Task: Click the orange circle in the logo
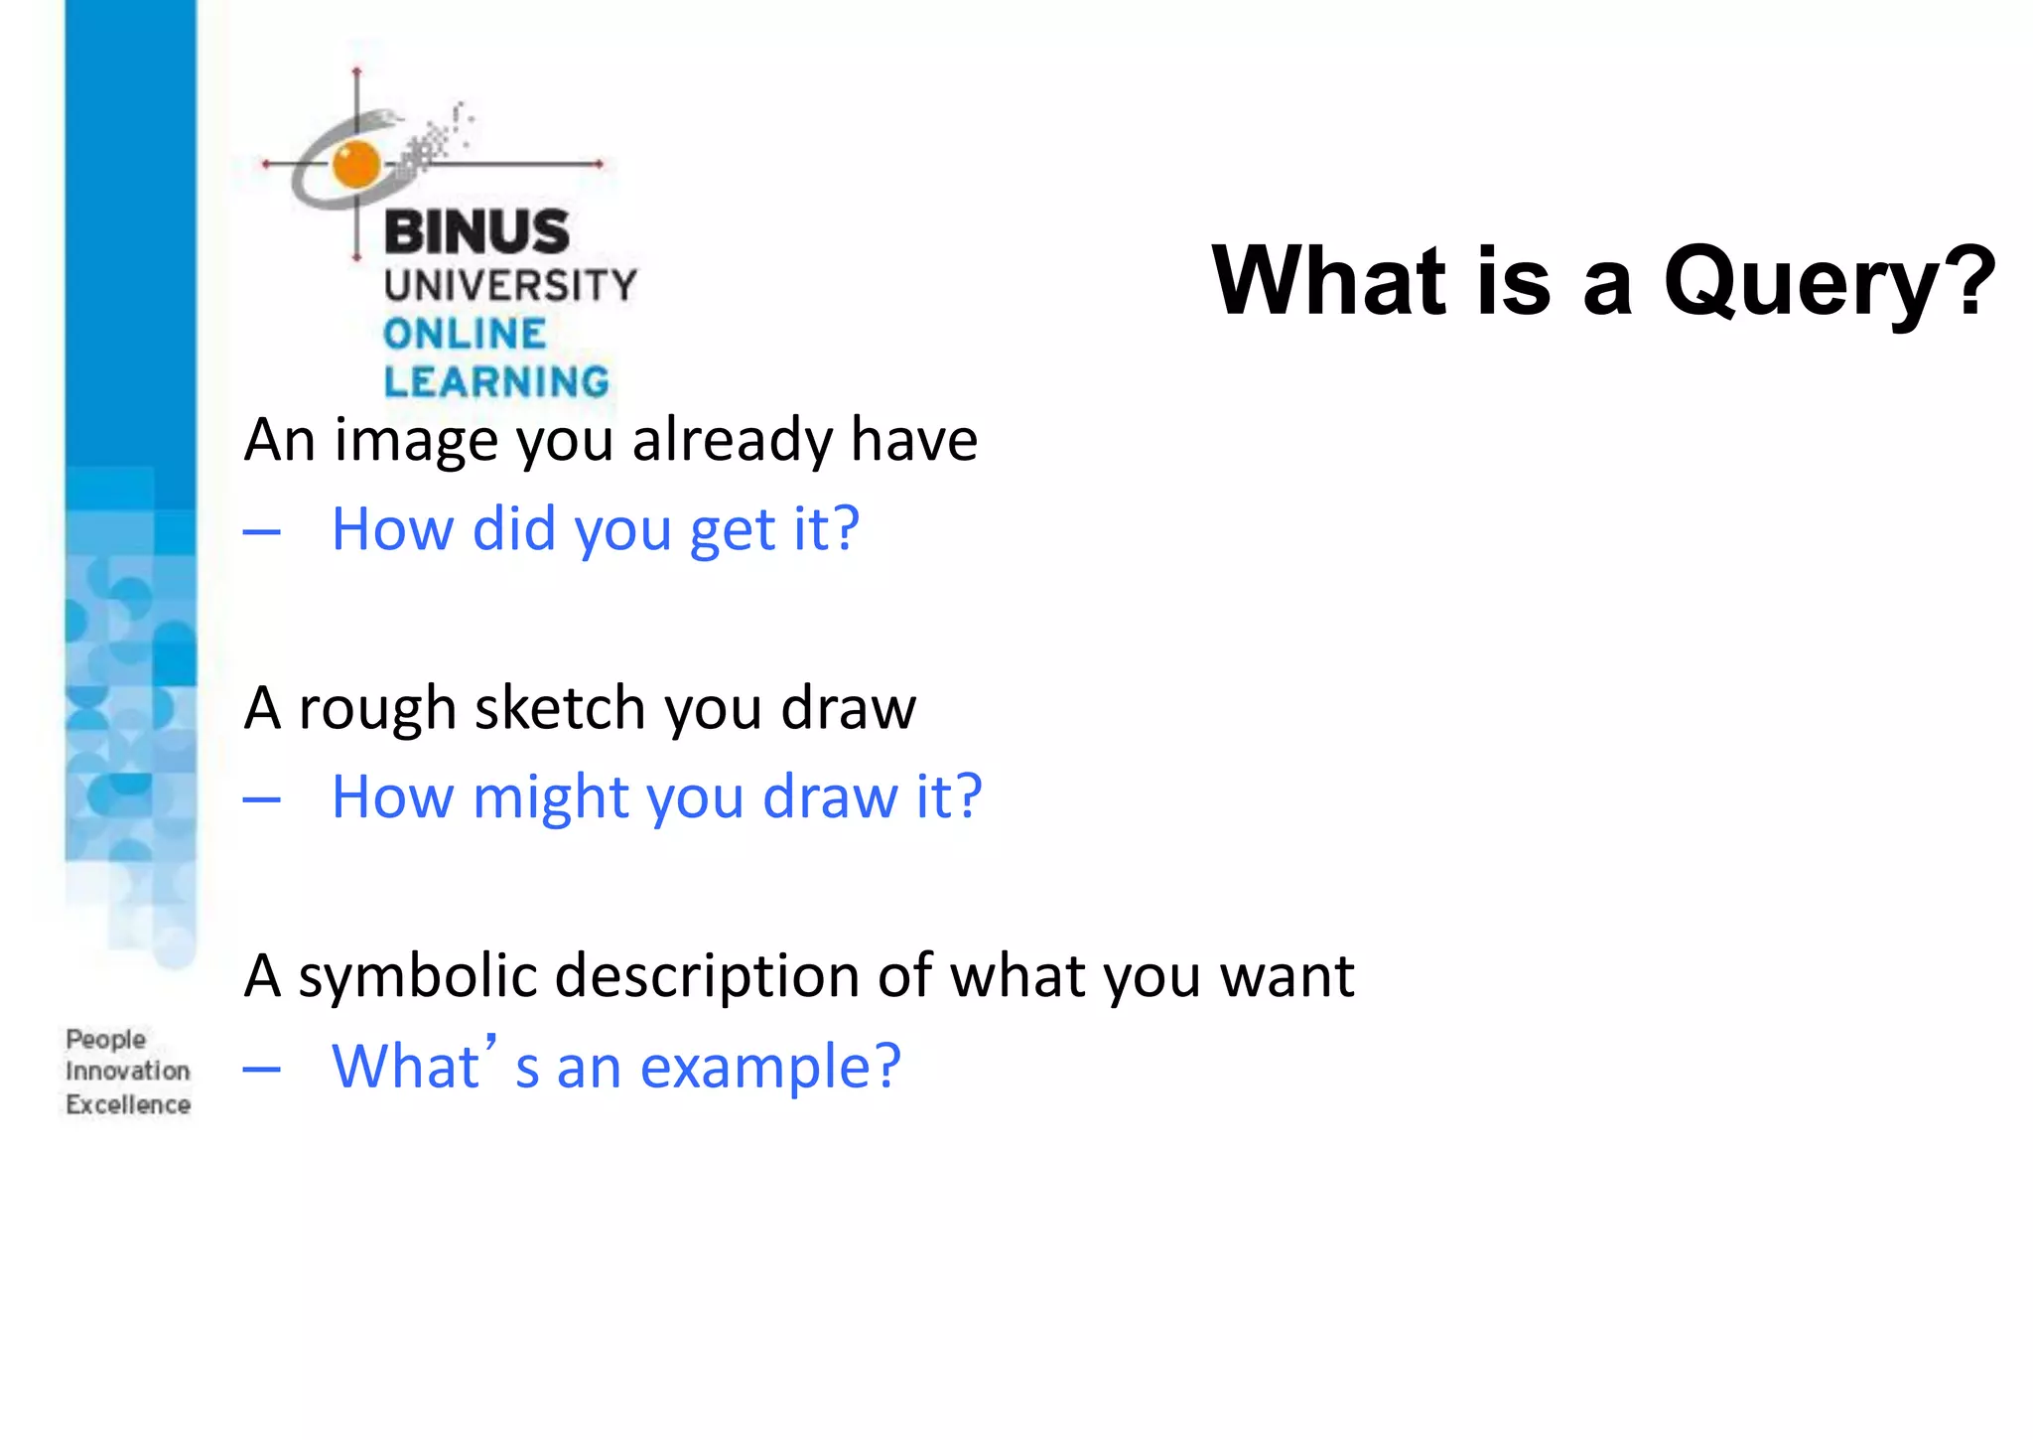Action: click(x=356, y=164)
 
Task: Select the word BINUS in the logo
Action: click(x=476, y=232)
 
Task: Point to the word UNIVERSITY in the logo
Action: click(x=510, y=286)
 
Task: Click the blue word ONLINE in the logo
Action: click(x=465, y=334)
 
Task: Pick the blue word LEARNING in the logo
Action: click(x=496, y=382)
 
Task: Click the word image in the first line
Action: click(x=416, y=440)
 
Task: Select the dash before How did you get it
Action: click(x=262, y=532)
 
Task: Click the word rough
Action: click(x=376, y=710)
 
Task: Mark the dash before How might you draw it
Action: click(x=262, y=799)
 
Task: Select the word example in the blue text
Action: click(x=770, y=1068)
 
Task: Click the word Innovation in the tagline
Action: click(x=128, y=1072)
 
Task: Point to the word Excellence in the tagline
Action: click(x=128, y=1104)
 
